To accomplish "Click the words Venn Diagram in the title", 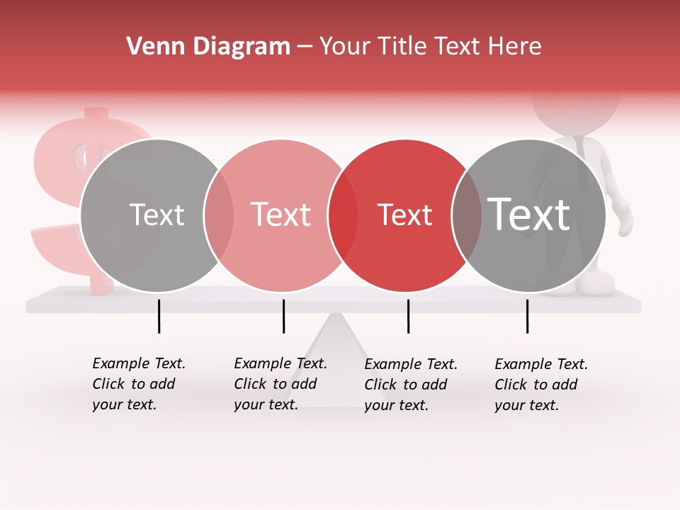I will tap(208, 47).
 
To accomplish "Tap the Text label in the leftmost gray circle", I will tap(157, 215).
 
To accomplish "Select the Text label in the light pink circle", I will tap(280, 215).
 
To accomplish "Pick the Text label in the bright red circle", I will tap(404, 215).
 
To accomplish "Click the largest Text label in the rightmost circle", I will tap(529, 214).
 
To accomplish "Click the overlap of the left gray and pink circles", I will tap(219, 215).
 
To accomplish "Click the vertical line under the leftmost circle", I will tap(159, 316).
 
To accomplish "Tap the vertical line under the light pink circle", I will tap(283, 316).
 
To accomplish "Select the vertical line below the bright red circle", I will tap(408, 316).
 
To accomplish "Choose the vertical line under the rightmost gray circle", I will tap(527, 316).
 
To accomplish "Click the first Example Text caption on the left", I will tap(138, 384).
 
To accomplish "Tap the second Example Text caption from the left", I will tap(280, 384).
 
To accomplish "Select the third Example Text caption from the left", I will tap(410, 385).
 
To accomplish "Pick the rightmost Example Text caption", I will tap(540, 385).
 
